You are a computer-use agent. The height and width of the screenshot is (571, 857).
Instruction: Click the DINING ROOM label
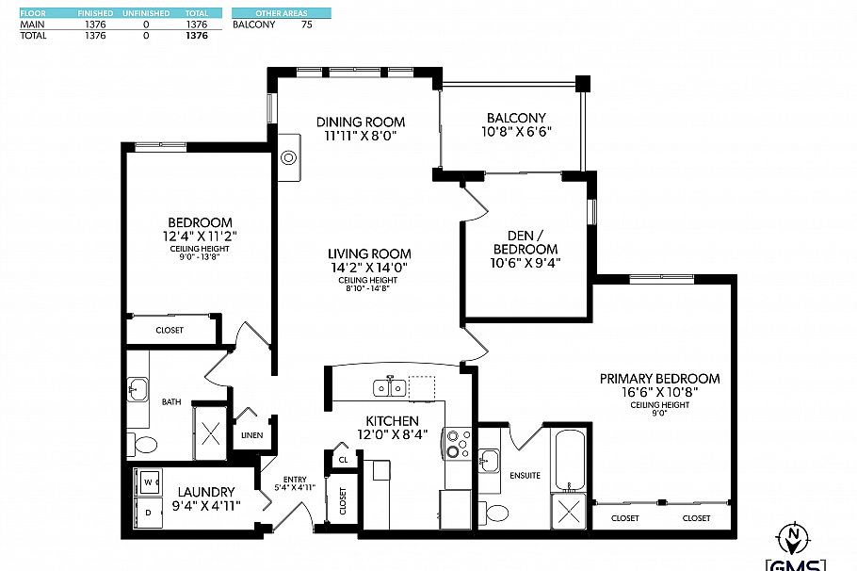click(361, 122)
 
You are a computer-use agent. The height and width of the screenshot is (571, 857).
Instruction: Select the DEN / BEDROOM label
click(526, 242)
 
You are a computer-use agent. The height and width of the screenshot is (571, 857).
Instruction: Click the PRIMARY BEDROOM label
click(659, 378)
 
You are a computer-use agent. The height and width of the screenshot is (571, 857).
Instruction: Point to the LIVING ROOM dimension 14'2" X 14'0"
click(369, 268)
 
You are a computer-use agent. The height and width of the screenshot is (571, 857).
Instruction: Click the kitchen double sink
click(388, 387)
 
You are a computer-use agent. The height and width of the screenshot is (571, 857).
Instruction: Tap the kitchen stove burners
click(458, 444)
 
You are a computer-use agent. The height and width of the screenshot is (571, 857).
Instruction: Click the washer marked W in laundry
click(148, 483)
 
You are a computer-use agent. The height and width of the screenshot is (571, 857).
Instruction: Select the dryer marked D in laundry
click(148, 512)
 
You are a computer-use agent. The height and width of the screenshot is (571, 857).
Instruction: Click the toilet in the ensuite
click(495, 513)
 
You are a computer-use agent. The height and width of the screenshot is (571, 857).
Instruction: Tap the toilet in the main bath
click(144, 444)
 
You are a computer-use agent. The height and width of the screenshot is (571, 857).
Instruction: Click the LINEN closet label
click(251, 435)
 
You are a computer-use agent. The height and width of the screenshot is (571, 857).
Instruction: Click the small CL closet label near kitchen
click(343, 460)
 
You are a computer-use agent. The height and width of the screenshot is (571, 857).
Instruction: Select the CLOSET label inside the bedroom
click(170, 330)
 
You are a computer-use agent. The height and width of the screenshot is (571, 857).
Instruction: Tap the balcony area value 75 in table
click(307, 24)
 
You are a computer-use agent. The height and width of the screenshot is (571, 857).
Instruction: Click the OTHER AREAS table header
click(282, 14)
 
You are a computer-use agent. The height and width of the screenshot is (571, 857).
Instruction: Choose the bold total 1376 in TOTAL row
click(197, 35)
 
